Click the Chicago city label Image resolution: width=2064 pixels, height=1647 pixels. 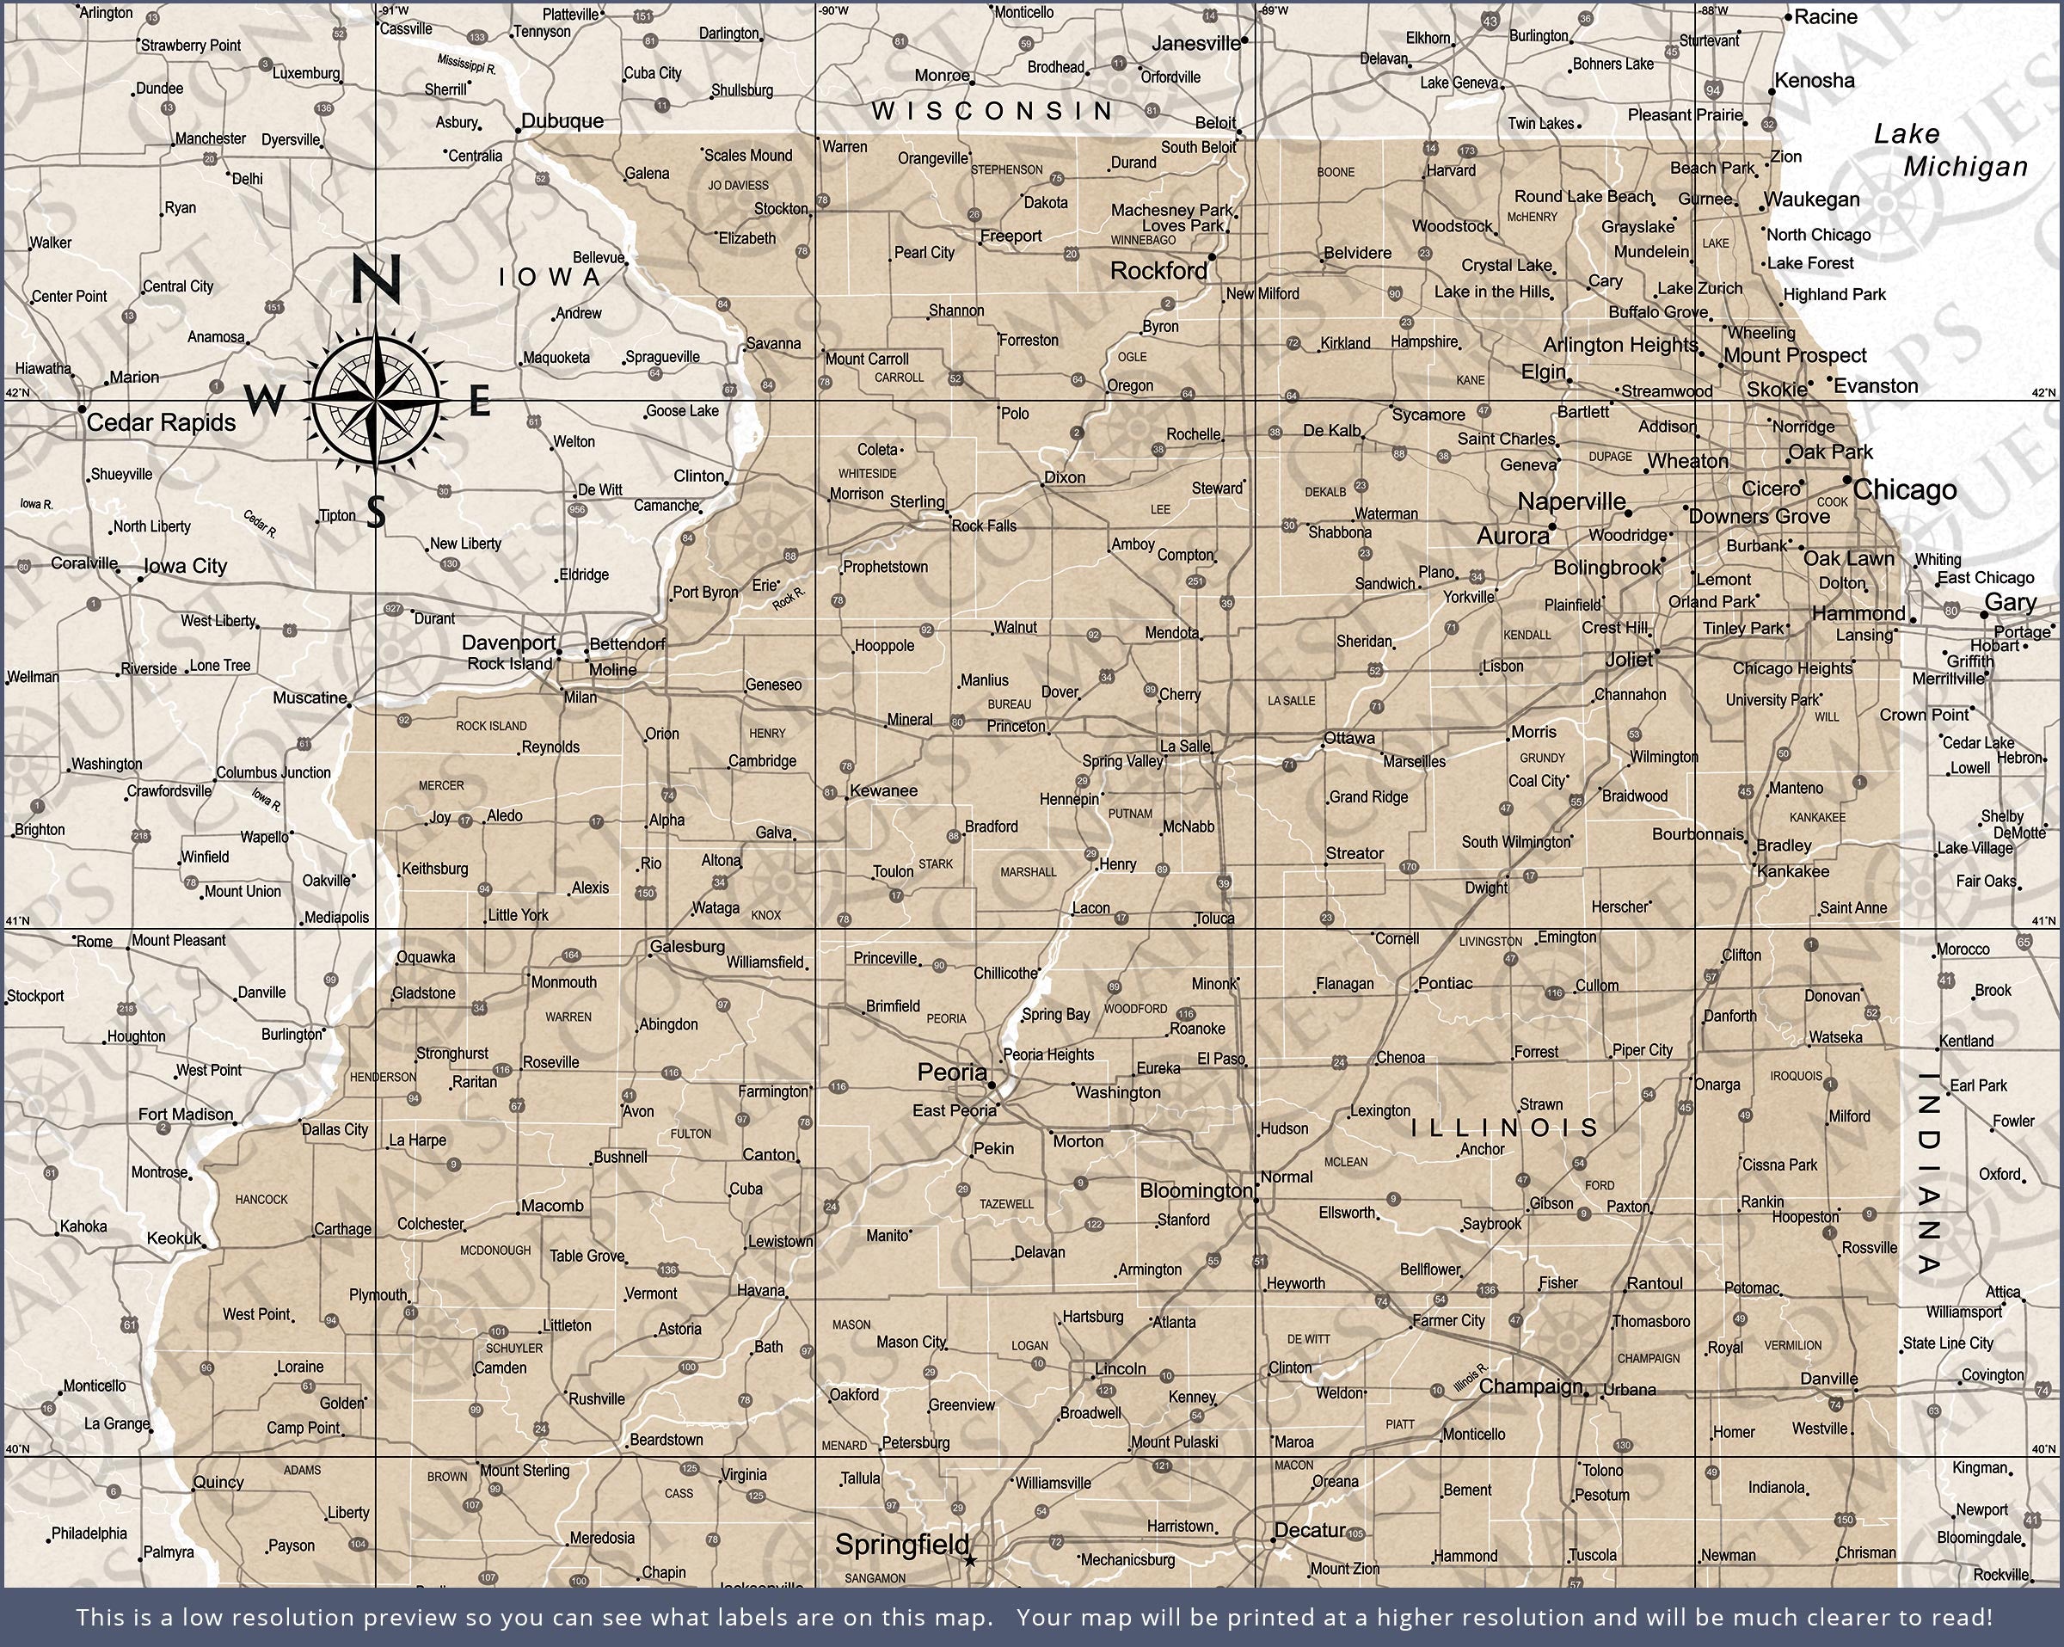click(1904, 490)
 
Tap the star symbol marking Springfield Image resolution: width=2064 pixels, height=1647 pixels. click(970, 1560)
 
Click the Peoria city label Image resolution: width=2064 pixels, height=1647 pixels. click(951, 1072)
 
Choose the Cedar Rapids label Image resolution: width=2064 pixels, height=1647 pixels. click(161, 422)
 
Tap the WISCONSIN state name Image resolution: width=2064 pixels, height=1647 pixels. click(992, 111)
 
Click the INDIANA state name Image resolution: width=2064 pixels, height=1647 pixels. click(1928, 1173)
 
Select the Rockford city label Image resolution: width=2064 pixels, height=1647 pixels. click(1158, 271)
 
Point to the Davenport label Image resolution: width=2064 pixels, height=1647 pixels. click(508, 642)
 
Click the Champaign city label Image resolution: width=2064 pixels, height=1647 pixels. click(1530, 1386)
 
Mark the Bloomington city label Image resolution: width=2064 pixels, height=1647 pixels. click(1195, 1190)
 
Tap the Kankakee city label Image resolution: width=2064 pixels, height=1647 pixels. click(1793, 871)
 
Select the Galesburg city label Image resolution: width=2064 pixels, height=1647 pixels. click(687, 947)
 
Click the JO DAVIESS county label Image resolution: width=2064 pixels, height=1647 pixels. click(738, 186)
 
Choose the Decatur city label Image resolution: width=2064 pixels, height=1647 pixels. click(1311, 1530)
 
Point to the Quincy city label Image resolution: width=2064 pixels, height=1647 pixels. click(218, 1483)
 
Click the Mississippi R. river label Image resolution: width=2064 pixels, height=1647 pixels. click(466, 65)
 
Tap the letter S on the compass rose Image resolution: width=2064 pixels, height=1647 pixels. click(376, 513)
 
